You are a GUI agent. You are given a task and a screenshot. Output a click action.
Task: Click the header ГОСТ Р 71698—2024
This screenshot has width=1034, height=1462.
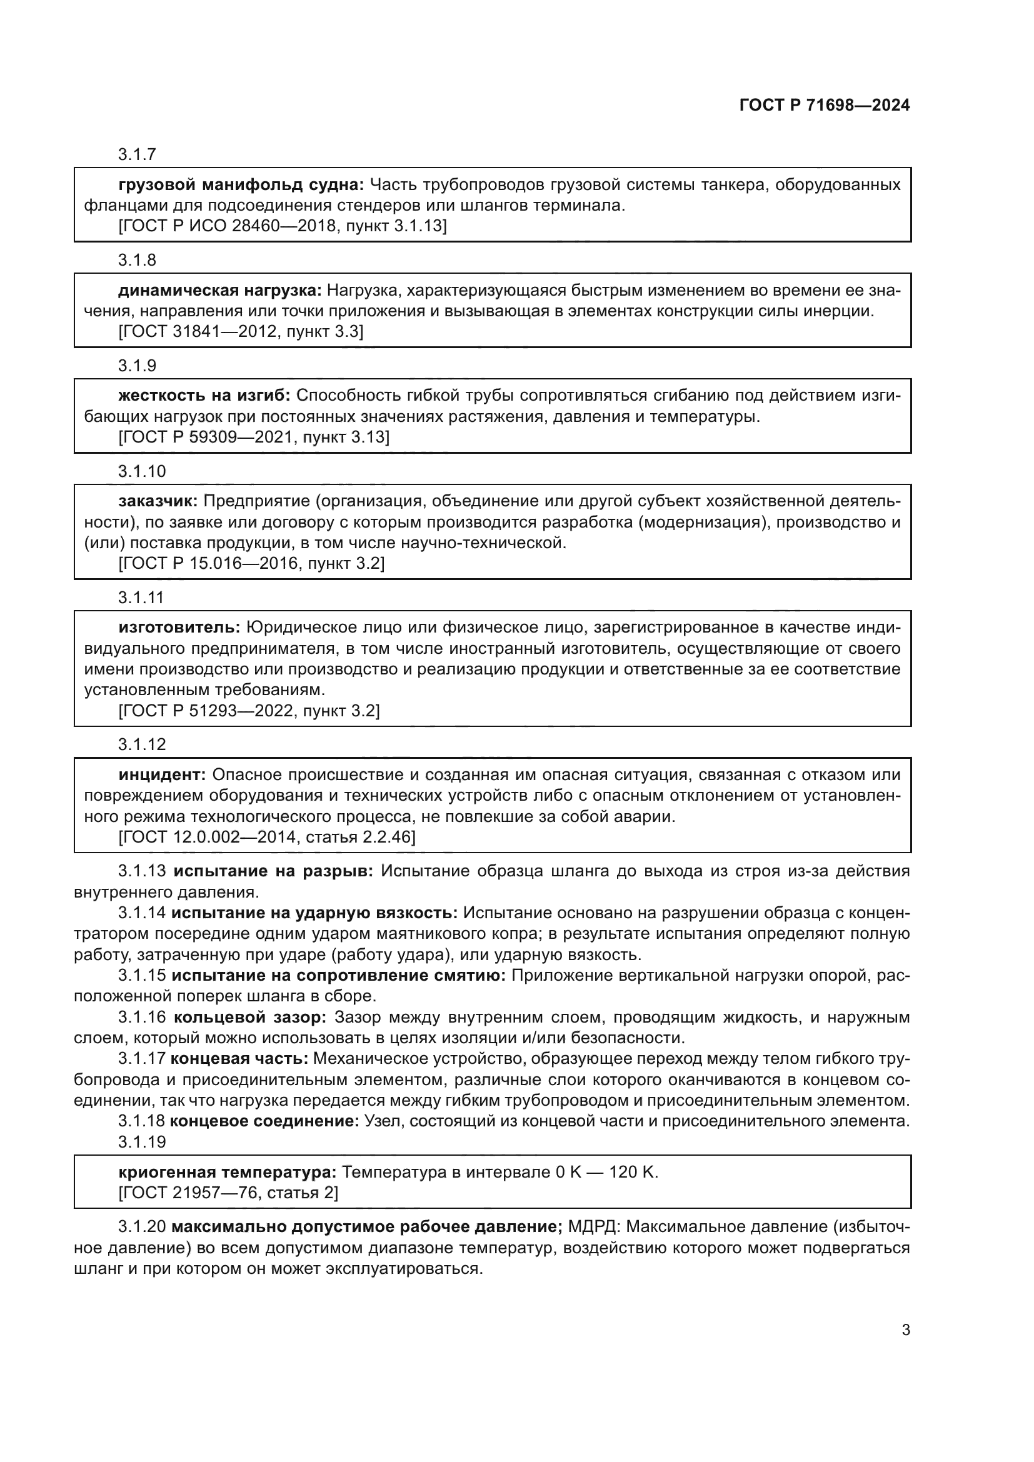pyautogui.click(x=825, y=106)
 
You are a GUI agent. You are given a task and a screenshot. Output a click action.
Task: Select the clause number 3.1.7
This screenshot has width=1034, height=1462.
pyautogui.click(x=137, y=155)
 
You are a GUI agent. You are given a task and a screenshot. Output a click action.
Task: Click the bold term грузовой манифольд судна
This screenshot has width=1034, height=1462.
pyautogui.click(x=241, y=185)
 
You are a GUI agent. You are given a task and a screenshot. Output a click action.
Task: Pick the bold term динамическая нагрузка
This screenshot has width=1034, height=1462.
pyautogui.click(x=219, y=291)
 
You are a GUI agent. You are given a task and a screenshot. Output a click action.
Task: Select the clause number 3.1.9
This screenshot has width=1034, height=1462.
pyautogui.click(x=137, y=366)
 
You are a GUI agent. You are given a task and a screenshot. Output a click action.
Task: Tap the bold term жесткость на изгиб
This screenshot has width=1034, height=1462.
pyautogui.click(x=204, y=396)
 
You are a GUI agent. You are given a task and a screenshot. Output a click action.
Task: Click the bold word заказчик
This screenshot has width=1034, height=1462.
pyautogui.click(x=158, y=501)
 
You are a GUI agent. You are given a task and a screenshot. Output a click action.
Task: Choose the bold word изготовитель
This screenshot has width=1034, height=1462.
pyautogui.click(x=179, y=628)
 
